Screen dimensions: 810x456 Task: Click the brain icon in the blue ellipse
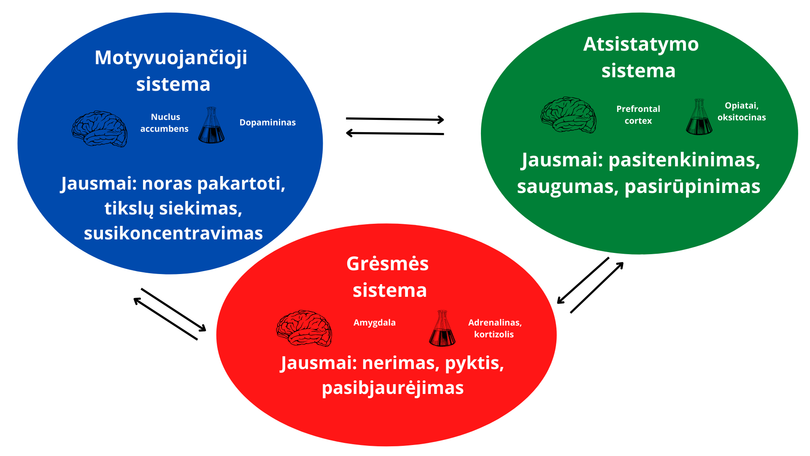pyautogui.click(x=100, y=129)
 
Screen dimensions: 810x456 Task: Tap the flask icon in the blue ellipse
pyautogui.click(x=211, y=125)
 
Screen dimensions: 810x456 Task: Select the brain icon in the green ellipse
pyautogui.click(x=569, y=115)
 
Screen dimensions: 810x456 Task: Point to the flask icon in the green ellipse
pyautogui.click(x=699, y=117)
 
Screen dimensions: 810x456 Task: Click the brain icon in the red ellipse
pyautogui.click(x=304, y=328)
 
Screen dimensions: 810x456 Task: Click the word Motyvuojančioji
pyautogui.click(x=171, y=58)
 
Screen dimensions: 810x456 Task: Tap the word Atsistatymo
pyautogui.click(x=641, y=44)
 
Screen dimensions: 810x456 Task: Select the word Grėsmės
pyautogui.click(x=387, y=263)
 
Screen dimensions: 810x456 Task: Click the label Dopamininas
pyautogui.click(x=267, y=122)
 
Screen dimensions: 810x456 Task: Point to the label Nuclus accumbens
pyautogui.click(x=165, y=123)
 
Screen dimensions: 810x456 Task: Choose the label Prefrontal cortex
pyautogui.click(x=638, y=115)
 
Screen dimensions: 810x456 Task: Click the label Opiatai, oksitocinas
pyautogui.click(x=742, y=111)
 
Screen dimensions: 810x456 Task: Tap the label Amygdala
pyautogui.click(x=375, y=323)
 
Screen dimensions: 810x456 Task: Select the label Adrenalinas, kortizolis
pyautogui.click(x=495, y=328)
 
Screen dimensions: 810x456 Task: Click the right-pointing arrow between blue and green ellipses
pyautogui.click(x=395, y=119)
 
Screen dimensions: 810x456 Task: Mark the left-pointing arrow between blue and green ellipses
pyautogui.click(x=395, y=133)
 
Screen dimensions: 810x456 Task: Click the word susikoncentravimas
pyautogui.click(x=173, y=233)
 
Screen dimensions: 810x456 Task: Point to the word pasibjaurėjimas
pyautogui.click(x=393, y=388)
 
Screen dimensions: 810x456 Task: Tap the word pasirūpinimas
pyautogui.click(x=692, y=187)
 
